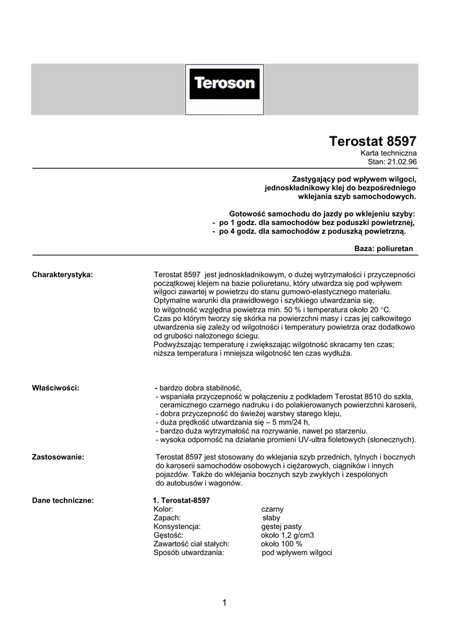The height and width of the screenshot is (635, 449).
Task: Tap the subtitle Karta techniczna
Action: pyautogui.click(x=389, y=153)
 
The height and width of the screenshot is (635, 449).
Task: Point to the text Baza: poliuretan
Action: pyautogui.click(x=383, y=248)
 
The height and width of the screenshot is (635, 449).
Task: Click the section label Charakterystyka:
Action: pyautogui.click(x=62, y=274)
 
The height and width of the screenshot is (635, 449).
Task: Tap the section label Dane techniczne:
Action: pyautogui.click(x=63, y=500)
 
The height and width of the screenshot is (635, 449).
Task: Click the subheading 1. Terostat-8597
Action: pyautogui.click(x=181, y=500)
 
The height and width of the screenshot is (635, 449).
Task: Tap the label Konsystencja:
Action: pyautogui.click(x=177, y=526)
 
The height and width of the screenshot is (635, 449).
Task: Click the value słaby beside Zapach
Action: pyautogui.click(x=272, y=517)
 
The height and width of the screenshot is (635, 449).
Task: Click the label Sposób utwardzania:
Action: pyautogui.click(x=189, y=552)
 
